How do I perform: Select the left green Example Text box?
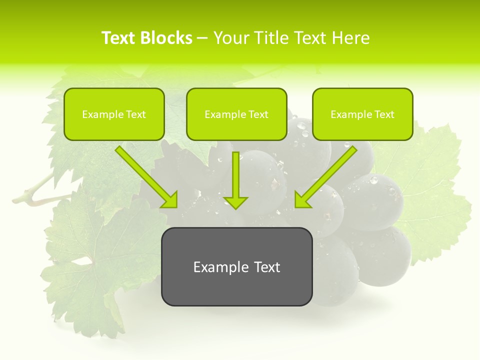coord(114,114)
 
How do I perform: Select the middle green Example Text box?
coord(236,114)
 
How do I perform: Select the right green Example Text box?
coord(362,114)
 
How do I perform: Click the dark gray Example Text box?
coord(236,266)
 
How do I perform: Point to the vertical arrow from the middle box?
coord(236,177)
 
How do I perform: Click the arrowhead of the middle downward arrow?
coord(236,202)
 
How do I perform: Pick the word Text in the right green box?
coord(384,114)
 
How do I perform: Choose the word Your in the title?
coord(229,38)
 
